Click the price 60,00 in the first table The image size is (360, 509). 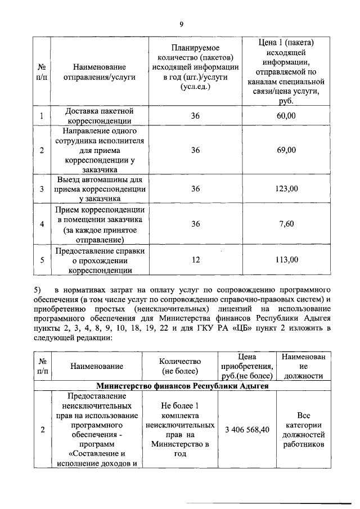point(286,115)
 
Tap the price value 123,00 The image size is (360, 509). point(286,188)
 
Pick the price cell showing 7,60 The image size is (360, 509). point(286,223)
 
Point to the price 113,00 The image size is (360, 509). point(286,259)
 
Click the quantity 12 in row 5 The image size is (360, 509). point(195,259)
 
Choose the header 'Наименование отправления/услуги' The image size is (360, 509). point(100,71)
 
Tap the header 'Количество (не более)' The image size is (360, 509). point(179,366)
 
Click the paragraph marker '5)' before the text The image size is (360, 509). point(38,290)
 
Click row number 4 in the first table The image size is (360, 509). point(42,223)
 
